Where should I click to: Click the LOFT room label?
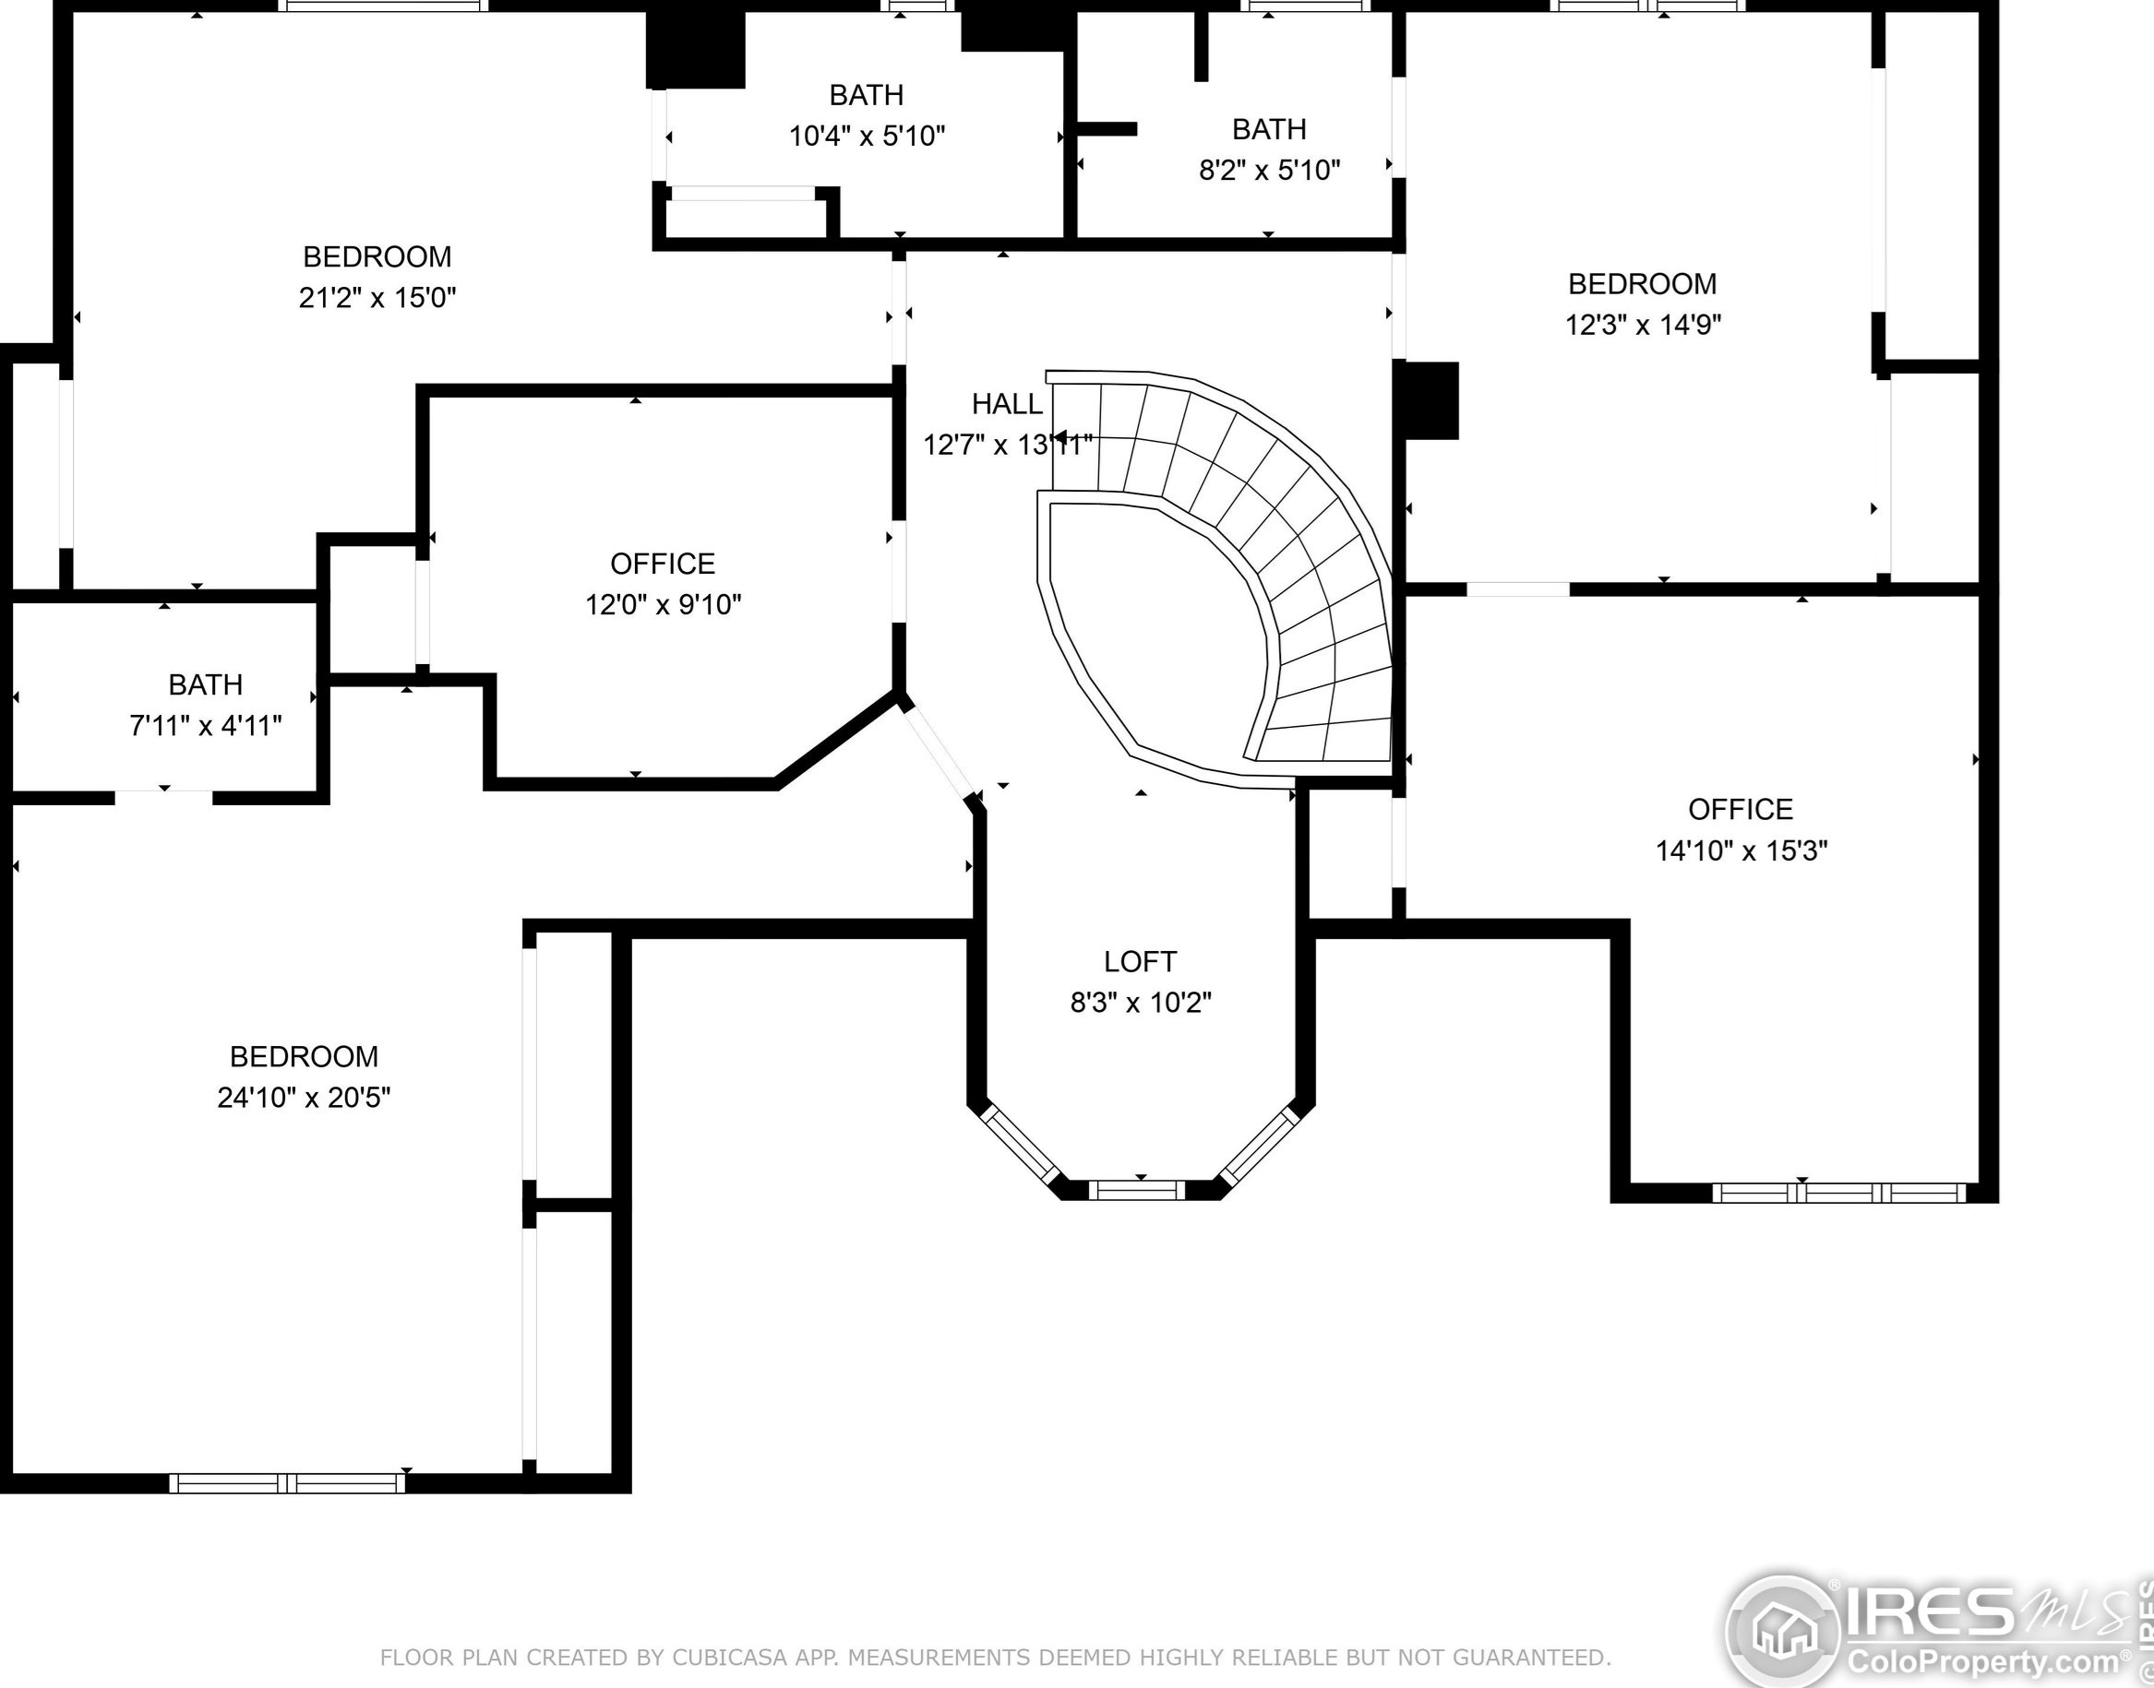coord(1140,961)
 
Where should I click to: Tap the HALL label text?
coord(1006,403)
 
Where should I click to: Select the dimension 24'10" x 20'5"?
coord(304,1097)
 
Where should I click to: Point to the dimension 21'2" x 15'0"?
coord(377,297)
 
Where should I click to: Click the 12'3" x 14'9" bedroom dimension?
coord(1643,324)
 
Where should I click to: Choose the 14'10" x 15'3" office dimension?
coord(1741,850)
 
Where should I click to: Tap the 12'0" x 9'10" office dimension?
coord(663,604)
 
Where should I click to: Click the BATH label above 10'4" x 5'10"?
coord(866,95)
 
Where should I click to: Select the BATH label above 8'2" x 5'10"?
coord(1269,129)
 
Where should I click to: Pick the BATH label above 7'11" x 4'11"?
coord(206,684)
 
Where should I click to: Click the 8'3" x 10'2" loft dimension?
coord(1141,1004)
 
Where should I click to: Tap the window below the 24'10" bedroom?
coord(287,1482)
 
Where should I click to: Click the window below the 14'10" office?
coord(1837,1193)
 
